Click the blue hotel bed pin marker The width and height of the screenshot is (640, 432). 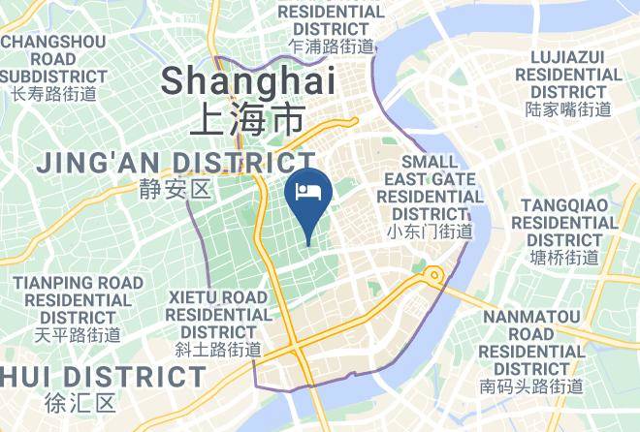point(309,191)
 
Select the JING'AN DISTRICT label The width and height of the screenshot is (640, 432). point(176,161)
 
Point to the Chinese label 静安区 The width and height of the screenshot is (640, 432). point(175,188)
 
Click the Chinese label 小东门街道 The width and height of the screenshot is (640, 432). point(430,231)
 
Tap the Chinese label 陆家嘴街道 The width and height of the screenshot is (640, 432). point(568,109)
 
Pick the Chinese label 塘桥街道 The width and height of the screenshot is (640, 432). point(565,257)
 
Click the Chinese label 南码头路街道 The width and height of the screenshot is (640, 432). point(532,386)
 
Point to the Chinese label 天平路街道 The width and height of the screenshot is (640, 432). point(78,335)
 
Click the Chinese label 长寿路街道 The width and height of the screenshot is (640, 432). point(54,94)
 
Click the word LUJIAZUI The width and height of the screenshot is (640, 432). point(568,56)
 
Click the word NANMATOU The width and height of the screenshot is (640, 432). point(532,317)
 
